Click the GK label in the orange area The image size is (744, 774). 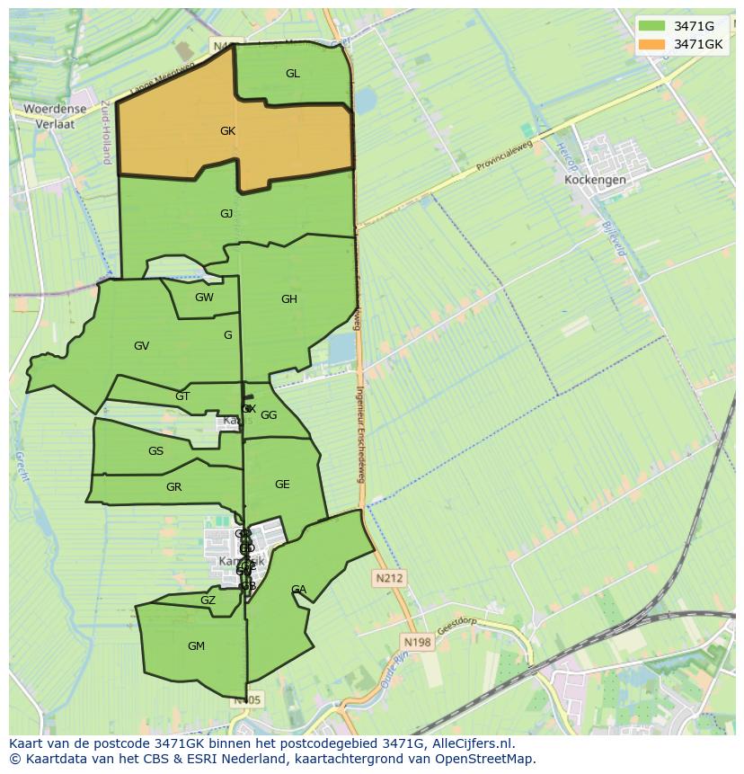click(x=227, y=131)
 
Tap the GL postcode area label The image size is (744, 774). click(x=293, y=74)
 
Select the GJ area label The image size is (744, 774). click(x=226, y=214)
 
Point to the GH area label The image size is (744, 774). click(x=288, y=299)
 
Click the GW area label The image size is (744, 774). click(x=204, y=298)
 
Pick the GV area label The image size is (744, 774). click(x=141, y=346)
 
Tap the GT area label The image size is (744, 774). click(x=182, y=396)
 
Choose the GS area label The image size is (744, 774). click(x=156, y=451)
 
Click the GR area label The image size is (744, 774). click(x=174, y=487)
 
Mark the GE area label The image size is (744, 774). click(x=282, y=485)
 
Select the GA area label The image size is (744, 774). click(x=298, y=590)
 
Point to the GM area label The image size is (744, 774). click(x=196, y=646)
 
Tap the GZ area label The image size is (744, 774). click(x=208, y=601)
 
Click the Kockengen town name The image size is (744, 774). click(x=595, y=180)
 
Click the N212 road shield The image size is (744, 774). click(x=390, y=579)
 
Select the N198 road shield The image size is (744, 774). click(x=417, y=642)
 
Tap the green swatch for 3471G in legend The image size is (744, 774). click(x=652, y=26)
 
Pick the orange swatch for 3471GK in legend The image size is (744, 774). click(x=652, y=44)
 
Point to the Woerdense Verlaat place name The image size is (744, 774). click(x=55, y=117)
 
